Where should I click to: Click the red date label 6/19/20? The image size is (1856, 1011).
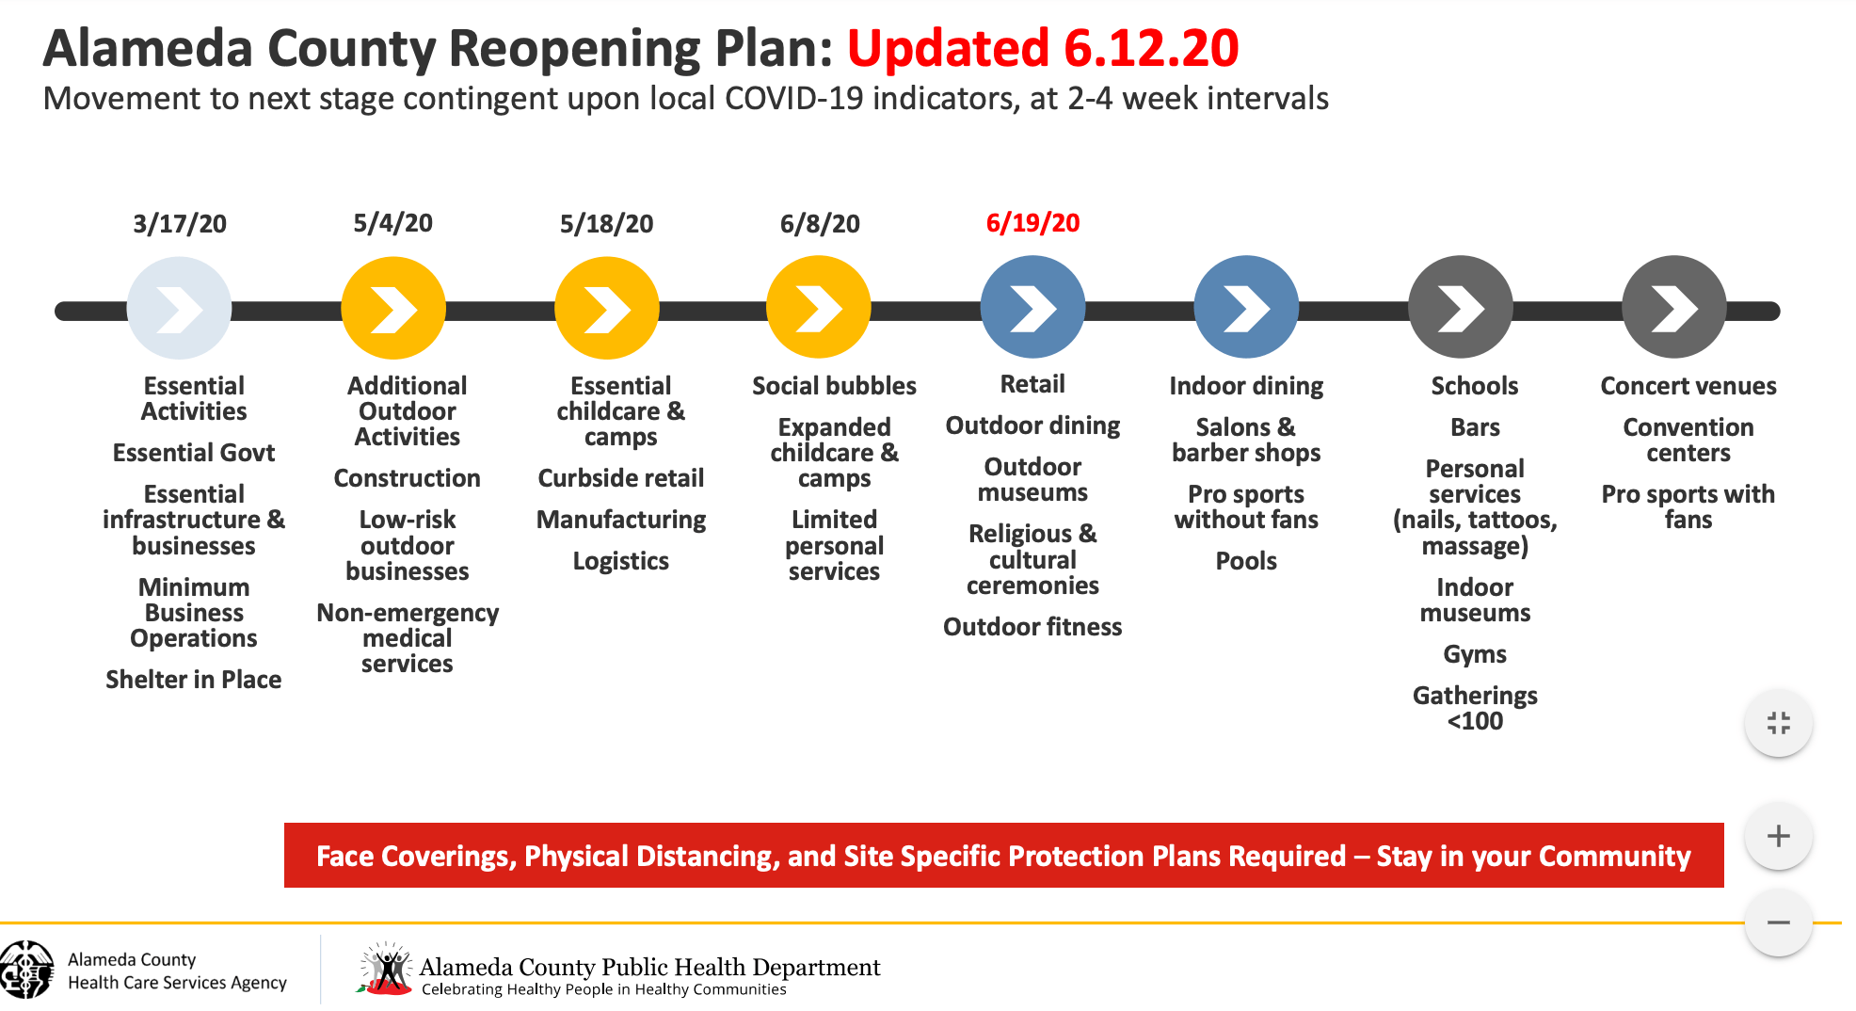1032,223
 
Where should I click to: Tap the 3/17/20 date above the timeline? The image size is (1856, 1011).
180,224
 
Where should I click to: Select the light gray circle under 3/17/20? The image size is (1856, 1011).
179,308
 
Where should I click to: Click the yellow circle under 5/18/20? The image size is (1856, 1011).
606,308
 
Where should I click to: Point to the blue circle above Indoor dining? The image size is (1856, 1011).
1246,308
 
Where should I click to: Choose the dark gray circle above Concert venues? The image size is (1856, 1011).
1673,308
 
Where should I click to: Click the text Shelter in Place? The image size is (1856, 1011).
193,680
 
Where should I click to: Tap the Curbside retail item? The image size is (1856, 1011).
620,478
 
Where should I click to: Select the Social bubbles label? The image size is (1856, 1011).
834,386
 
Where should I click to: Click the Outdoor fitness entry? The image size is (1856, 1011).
1032,627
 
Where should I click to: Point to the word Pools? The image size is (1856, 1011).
1246,561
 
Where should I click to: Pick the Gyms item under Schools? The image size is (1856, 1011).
1475,654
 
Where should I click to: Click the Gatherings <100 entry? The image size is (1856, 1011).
1475,708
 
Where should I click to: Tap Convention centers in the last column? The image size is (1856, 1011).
1688,440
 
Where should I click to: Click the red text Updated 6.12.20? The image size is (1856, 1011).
1043,49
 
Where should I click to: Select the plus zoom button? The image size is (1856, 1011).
1778,836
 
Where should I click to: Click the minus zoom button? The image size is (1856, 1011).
1778,923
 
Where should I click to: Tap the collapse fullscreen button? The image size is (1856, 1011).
1778,723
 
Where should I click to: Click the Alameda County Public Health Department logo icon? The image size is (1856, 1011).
386,970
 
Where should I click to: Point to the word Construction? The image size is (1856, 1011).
407,478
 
